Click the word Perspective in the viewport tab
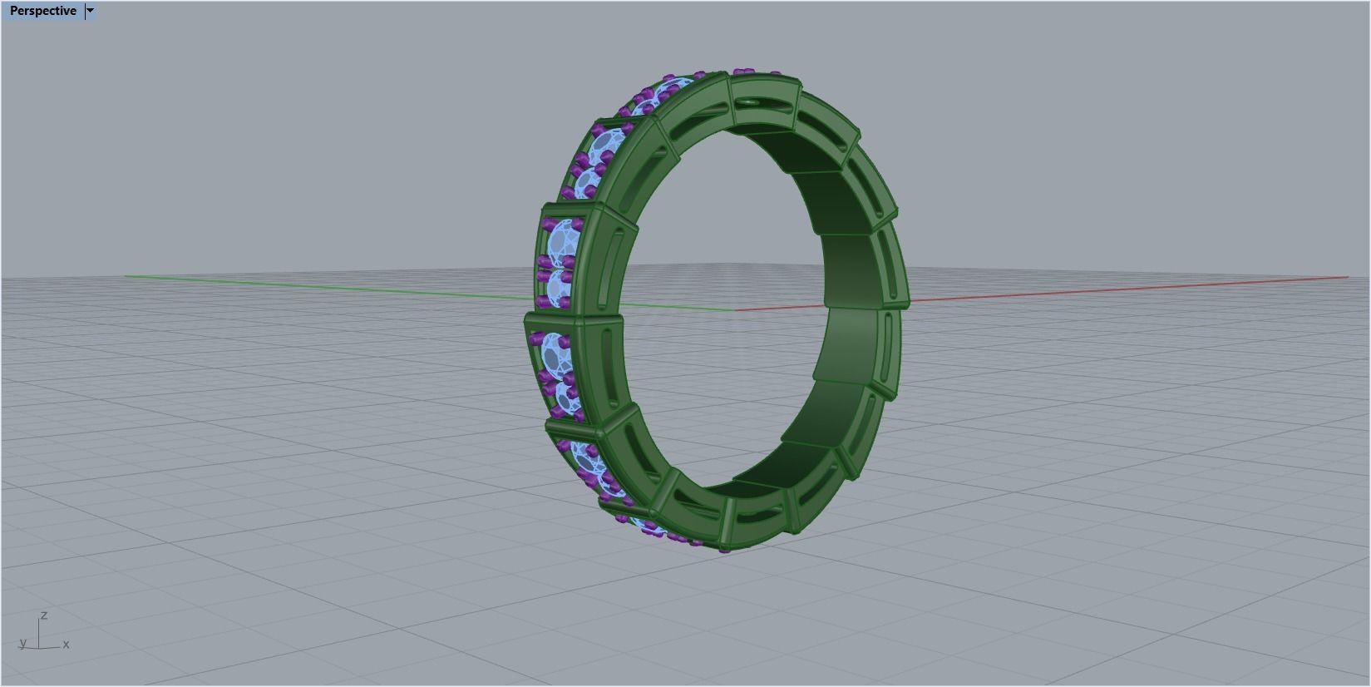pos(42,11)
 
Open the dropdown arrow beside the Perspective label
pos(90,11)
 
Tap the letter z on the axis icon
pos(43,615)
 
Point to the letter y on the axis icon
pos(22,643)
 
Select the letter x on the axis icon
pos(66,644)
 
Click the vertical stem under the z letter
pos(39,633)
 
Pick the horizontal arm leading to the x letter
pos(50,647)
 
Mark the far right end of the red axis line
pos(1347,278)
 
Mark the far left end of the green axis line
pos(126,276)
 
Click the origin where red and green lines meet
pos(735,310)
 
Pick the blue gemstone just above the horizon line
pos(564,241)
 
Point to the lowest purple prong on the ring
pos(724,549)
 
